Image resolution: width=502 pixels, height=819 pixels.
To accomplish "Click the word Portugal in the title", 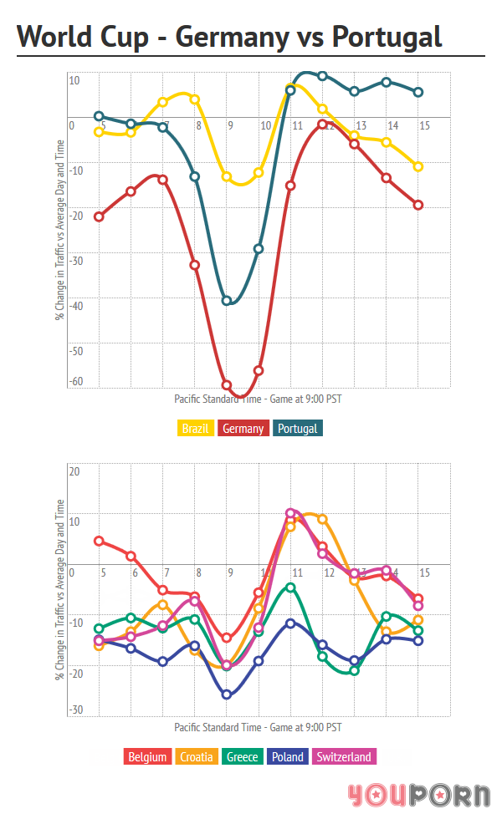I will click(x=386, y=37).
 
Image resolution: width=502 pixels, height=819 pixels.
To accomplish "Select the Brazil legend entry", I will click(x=195, y=429).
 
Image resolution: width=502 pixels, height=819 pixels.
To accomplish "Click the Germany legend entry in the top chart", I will click(x=243, y=429).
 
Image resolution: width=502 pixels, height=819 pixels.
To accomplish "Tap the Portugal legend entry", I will click(x=298, y=429).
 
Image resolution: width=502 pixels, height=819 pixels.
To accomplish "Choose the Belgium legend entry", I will click(x=148, y=757).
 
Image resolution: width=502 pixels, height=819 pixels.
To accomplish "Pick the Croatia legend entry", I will click(x=198, y=757).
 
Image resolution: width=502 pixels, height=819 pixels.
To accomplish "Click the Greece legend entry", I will click(x=243, y=757).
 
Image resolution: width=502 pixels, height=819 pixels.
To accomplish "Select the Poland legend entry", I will click(x=287, y=757).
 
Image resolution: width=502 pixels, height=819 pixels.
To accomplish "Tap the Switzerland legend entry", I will click(x=343, y=757).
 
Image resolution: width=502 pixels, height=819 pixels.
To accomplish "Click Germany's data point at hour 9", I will click(x=227, y=385).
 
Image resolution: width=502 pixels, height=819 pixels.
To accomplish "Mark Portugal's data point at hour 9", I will click(x=227, y=301).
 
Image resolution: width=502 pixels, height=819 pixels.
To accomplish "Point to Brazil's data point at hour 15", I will click(x=418, y=167).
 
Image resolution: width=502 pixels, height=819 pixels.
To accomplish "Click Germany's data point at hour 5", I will click(x=99, y=217).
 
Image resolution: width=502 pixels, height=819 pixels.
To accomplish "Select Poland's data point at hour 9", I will click(x=227, y=694).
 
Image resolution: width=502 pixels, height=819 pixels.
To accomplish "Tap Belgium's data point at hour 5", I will click(x=99, y=541).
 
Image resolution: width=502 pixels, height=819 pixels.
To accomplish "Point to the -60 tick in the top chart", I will click(x=76, y=382).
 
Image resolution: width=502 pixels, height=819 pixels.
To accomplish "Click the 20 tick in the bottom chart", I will click(x=74, y=471).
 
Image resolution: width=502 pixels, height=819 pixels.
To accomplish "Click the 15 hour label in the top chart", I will click(x=424, y=126).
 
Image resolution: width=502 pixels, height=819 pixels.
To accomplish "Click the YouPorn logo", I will click(x=419, y=795).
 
